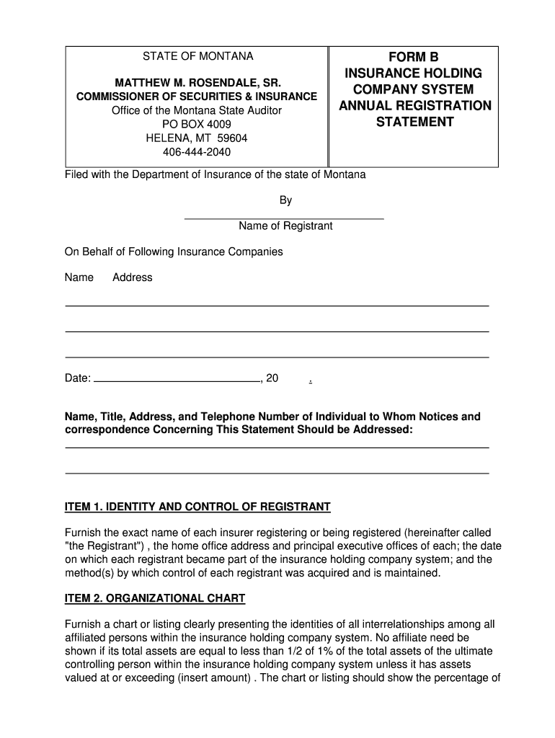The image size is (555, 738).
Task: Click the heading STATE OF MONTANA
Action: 197,56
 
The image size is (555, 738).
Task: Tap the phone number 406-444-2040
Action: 197,151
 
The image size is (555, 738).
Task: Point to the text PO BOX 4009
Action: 197,124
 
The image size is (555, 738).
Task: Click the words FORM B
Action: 414,57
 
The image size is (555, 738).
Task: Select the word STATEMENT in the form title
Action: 414,122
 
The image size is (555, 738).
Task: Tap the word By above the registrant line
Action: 285,200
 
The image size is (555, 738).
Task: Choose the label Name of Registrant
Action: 285,226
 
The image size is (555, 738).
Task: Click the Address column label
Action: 133,277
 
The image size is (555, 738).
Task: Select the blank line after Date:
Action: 177,378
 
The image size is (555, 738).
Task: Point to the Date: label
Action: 78,378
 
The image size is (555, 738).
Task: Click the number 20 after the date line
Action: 272,378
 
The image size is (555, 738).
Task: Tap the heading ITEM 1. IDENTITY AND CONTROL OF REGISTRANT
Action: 197,507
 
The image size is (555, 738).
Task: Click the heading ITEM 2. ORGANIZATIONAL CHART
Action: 155,599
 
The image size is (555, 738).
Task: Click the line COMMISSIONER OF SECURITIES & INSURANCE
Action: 197,97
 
